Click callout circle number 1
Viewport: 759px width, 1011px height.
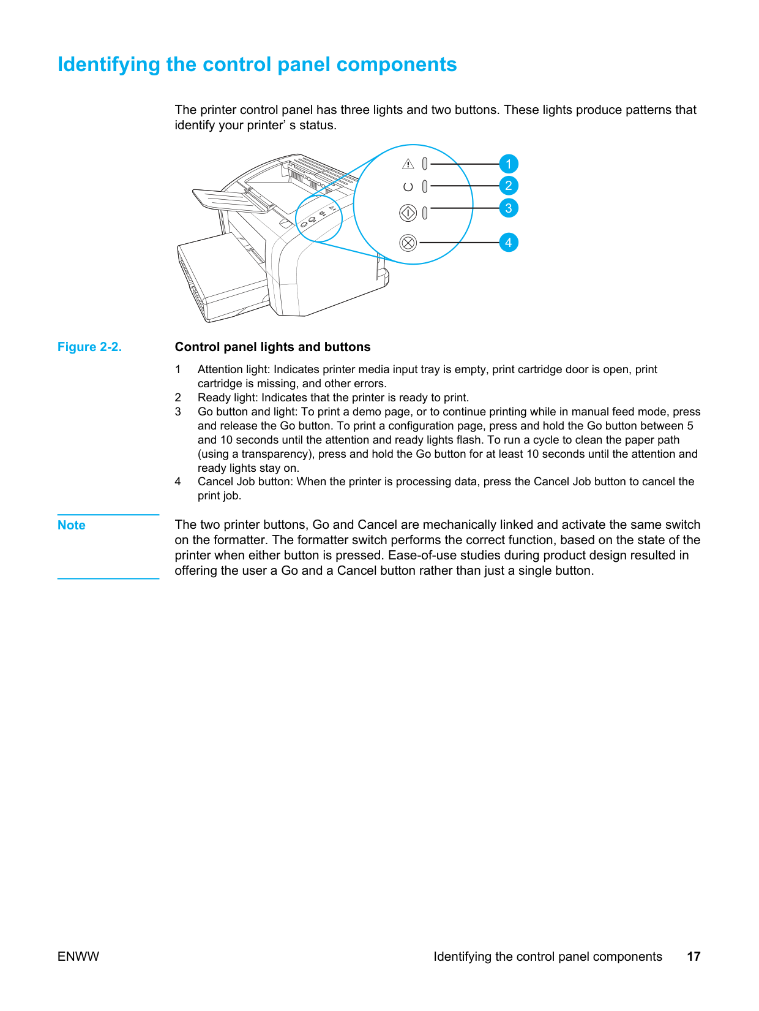coord(508,164)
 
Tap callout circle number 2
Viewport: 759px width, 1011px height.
coord(508,186)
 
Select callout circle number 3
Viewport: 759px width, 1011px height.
coord(508,208)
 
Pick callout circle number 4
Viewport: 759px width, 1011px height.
coord(508,243)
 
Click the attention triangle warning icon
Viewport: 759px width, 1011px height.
coord(408,164)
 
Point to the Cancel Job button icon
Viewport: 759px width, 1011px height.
coord(408,243)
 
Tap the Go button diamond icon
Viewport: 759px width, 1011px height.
coord(408,213)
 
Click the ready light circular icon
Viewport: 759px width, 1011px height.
coord(408,186)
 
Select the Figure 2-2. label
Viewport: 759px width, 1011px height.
coord(89,347)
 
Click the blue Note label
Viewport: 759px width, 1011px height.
coord(72,525)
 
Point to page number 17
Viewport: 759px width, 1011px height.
coord(694,956)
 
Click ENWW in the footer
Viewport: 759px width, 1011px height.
coord(78,956)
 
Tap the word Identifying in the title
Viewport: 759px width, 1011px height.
coord(108,65)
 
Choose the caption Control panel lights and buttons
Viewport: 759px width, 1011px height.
coord(272,347)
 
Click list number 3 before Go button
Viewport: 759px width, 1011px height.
coord(178,412)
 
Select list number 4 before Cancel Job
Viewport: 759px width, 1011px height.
coord(178,482)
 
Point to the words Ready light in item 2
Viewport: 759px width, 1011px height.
coord(226,398)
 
